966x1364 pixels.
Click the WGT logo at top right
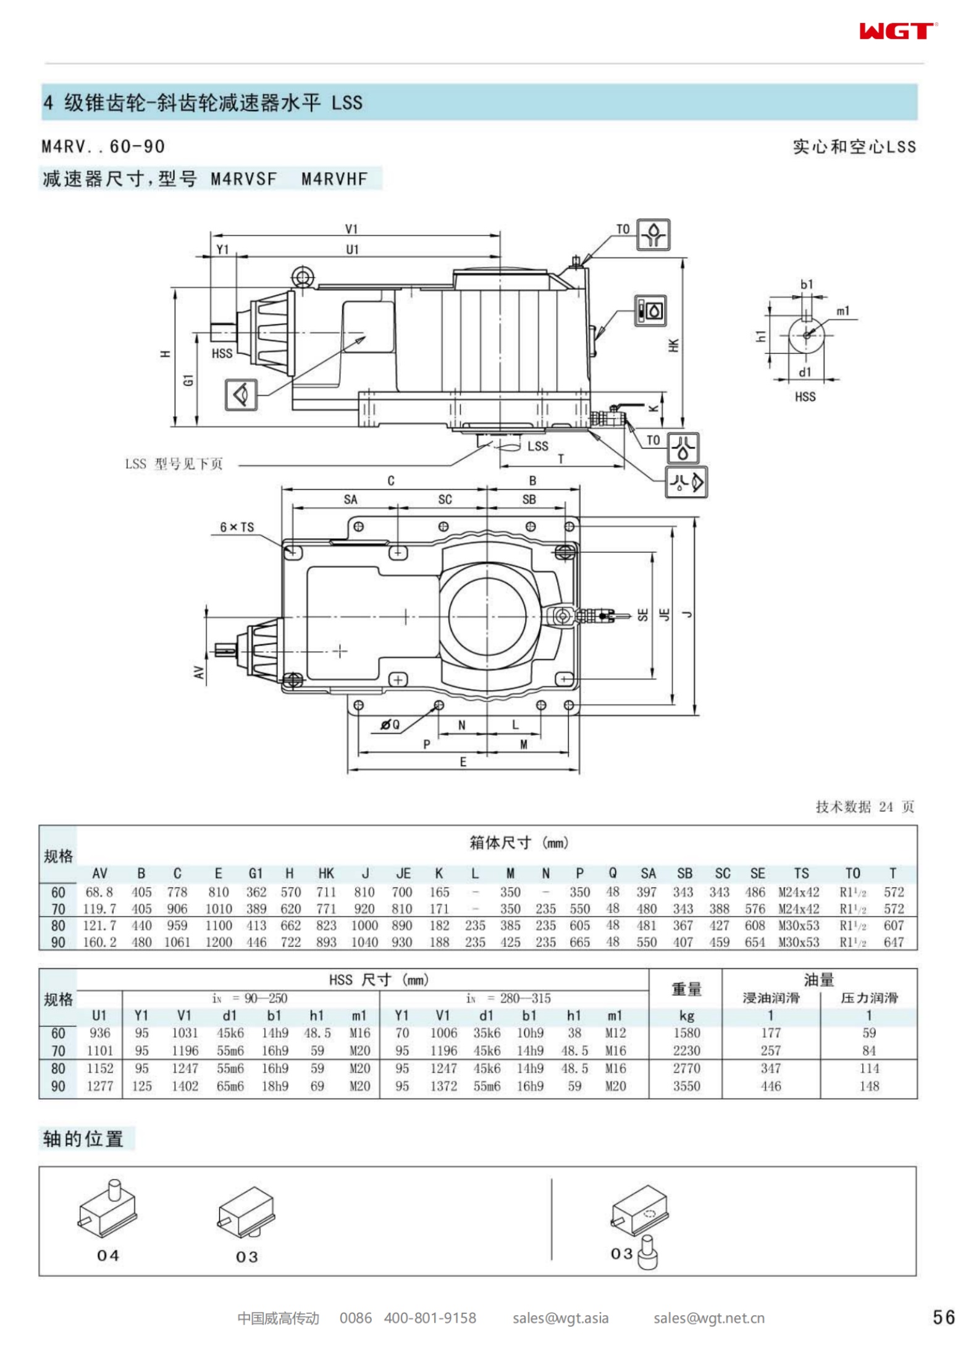click(897, 31)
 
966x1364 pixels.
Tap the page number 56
click(943, 1317)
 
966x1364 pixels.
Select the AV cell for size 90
click(99, 942)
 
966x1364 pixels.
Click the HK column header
click(326, 873)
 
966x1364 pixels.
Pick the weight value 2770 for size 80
click(686, 1068)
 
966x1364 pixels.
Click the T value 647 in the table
click(893, 942)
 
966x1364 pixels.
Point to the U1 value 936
click(99, 1033)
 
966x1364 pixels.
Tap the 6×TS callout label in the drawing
click(237, 527)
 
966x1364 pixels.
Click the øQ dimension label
click(390, 725)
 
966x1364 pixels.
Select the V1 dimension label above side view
click(351, 229)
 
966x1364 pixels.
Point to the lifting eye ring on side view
click(302, 276)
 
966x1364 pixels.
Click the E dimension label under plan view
click(463, 762)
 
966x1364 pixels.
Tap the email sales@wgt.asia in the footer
click(560, 1318)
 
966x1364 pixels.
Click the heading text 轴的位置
click(83, 1139)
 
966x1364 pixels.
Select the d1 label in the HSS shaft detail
click(805, 372)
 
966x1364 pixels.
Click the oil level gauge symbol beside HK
click(650, 310)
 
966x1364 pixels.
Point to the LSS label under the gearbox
click(537, 445)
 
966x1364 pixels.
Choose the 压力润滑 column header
click(868, 998)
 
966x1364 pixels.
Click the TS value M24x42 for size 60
click(799, 892)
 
